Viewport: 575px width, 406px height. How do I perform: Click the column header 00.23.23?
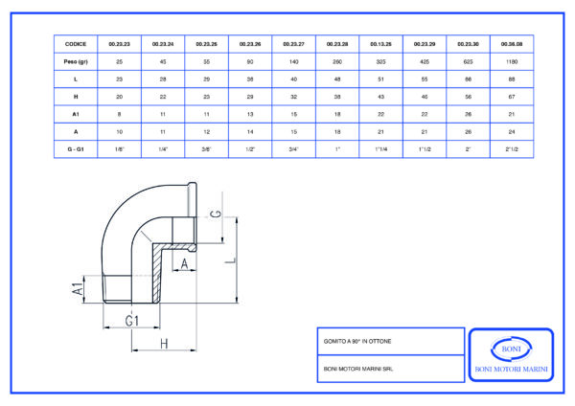(x=119, y=44)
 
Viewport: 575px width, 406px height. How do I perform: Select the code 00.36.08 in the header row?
(x=509, y=44)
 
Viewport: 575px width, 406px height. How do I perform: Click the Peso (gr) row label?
(x=76, y=60)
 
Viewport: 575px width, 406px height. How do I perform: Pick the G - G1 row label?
(x=76, y=148)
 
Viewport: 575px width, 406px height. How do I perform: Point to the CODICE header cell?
(x=76, y=44)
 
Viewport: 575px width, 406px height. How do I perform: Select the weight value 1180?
(x=509, y=60)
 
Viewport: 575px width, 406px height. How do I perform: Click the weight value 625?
(x=466, y=60)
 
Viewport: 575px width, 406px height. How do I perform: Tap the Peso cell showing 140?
(x=292, y=60)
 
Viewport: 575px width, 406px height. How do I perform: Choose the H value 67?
(x=509, y=96)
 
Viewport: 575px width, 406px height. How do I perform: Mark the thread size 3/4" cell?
(x=292, y=148)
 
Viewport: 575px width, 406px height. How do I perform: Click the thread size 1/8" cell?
(x=119, y=148)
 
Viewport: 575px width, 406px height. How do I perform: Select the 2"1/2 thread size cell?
(x=509, y=148)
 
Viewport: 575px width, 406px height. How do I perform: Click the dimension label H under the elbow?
(x=164, y=343)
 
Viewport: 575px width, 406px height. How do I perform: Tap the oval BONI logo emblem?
(x=509, y=348)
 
